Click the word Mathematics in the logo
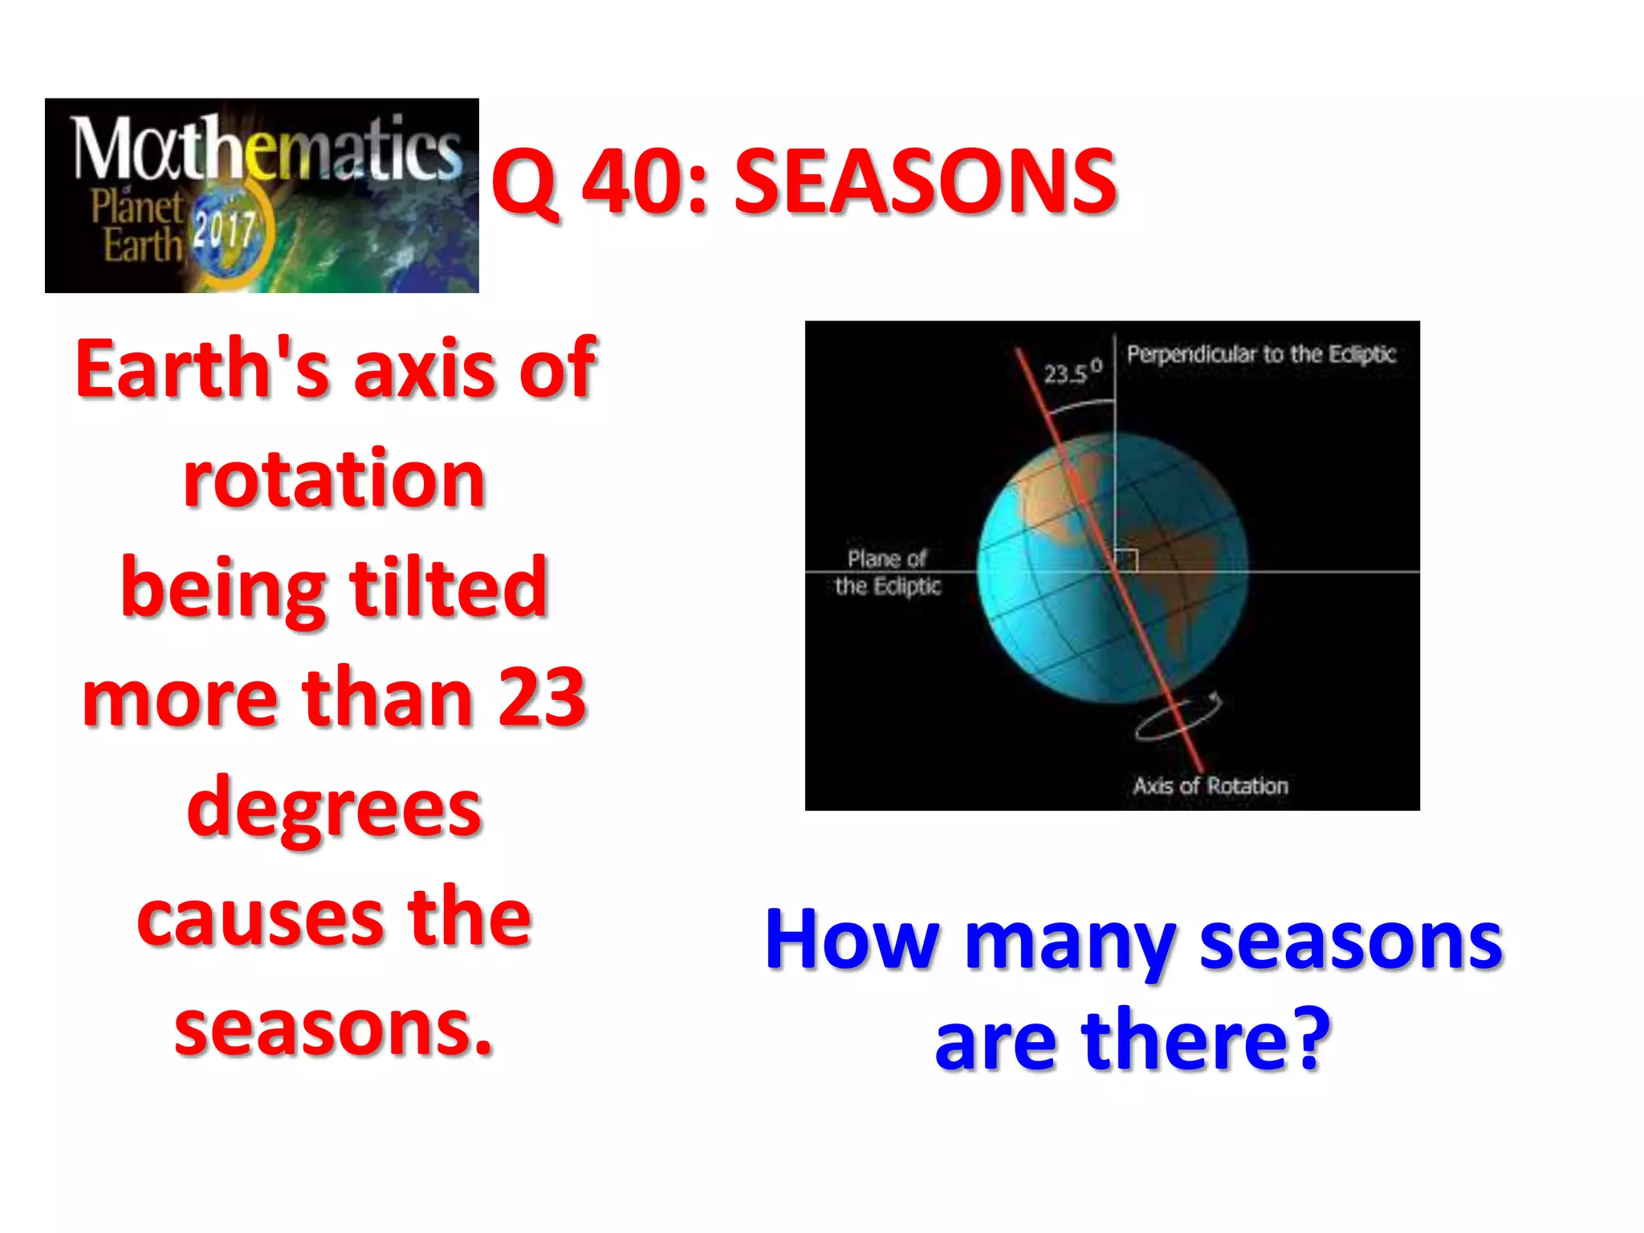pos(265,149)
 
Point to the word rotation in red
pos(334,479)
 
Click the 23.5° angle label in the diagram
pos(1072,372)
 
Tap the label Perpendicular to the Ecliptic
pos(1260,354)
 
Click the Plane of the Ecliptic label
pos(887,572)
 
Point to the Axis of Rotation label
pos(1210,786)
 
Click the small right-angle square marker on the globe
pos(1126,560)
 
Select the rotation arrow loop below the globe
pos(1176,718)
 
